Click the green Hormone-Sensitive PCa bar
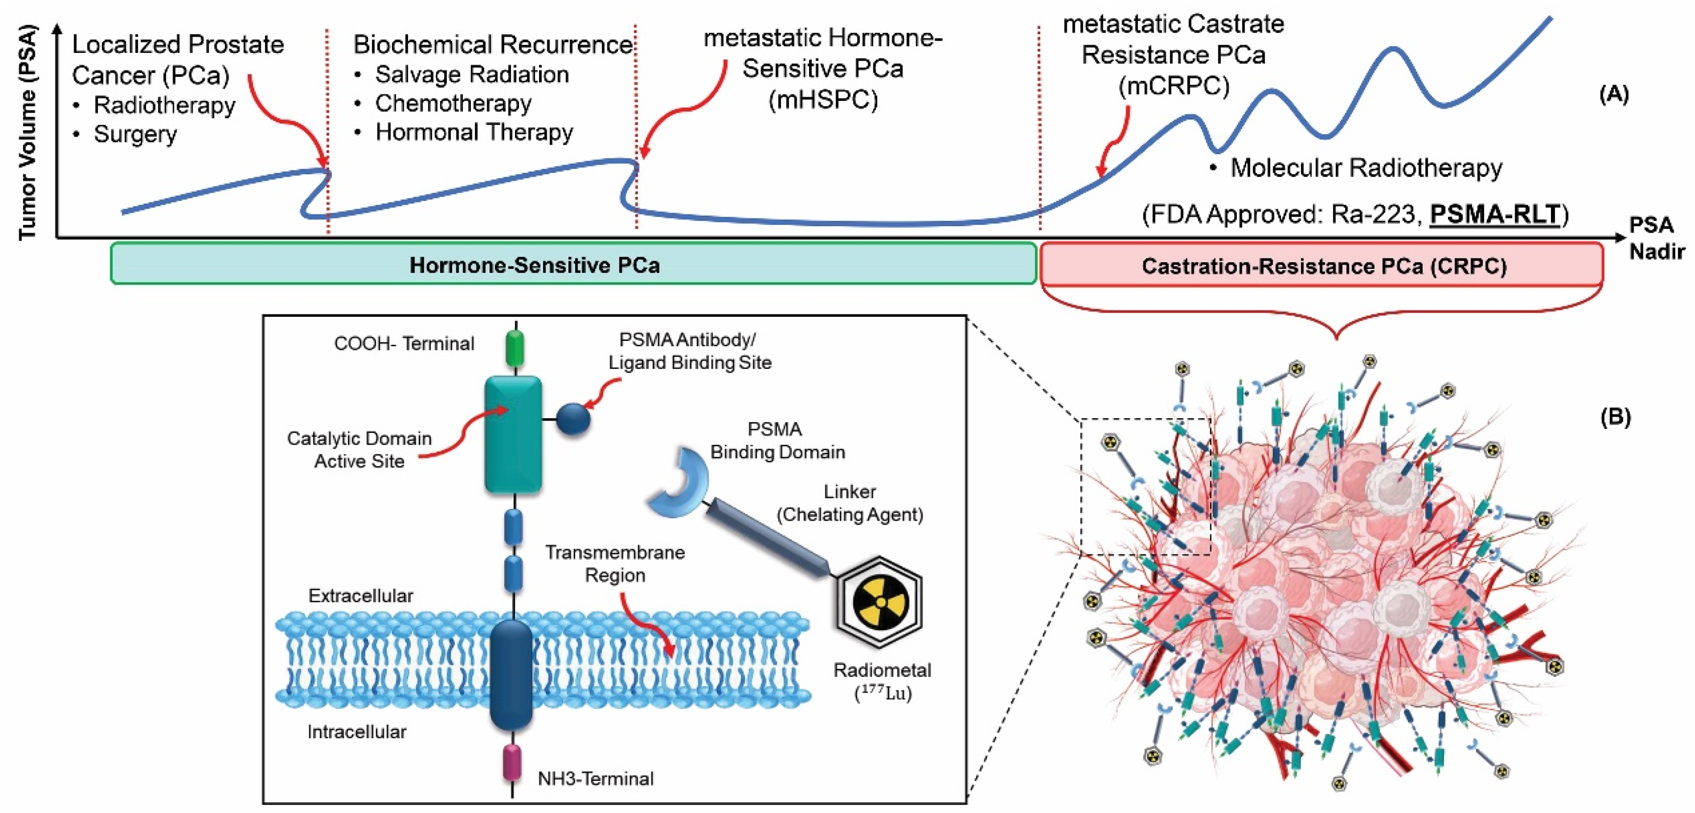[x=572, y=264]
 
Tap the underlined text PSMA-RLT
[x=1495, y=215]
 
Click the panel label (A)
[x=1613, y=95]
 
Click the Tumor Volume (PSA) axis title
[x=27, y=132]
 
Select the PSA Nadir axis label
[x=1655, y=238]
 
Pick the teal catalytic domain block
[x=513, y=434]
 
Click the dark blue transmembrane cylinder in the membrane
[x=511, y=674]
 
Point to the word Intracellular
[x=357, y=731]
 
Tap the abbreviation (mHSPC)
[x=822, y=99]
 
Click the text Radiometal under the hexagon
[x=882, y=670]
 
